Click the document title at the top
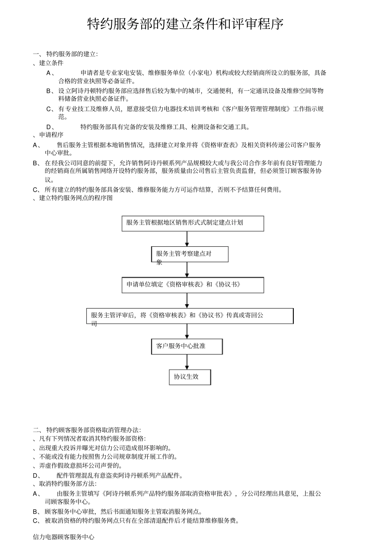coord(186,24)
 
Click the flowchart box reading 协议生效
coord(190,377)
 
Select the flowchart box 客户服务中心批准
coord(187,346)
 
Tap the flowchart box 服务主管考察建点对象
coord(190,254)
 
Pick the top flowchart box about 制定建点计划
coord(193,223)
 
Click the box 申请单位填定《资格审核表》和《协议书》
coord(193,285)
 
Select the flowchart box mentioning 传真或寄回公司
coord(190,316)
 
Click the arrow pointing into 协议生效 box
coord(187,362)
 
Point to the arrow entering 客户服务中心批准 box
coord(187,331)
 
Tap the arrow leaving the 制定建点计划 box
coord(187,239)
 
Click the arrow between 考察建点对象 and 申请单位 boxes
coord(187,269)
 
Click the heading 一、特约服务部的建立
coord(66,54)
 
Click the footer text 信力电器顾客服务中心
coord(64,537)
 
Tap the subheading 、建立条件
coord(49,63)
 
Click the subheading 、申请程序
coord(49,135)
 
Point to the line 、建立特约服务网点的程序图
coord(73,198)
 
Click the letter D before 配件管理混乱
coord(35,475)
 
